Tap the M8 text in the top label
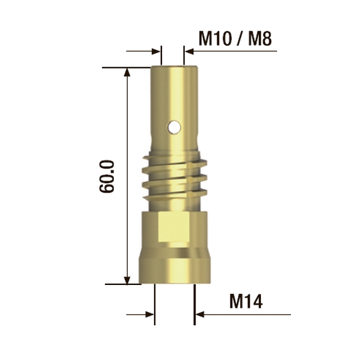point(260,39)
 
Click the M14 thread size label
point(247,300)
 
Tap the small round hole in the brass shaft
point(173,127)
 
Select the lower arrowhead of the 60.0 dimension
point(127,279)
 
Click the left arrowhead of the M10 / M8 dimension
point(157,52)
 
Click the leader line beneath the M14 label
point(252,313)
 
